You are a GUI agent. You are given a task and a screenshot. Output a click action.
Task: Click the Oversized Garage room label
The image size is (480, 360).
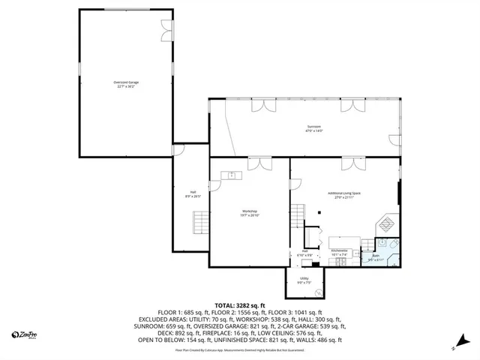[126, 83]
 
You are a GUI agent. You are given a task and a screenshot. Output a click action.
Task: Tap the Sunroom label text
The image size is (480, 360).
[313, 127]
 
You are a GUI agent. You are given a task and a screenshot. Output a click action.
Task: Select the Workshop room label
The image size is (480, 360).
[249, 213]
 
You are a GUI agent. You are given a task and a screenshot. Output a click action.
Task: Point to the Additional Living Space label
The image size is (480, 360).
[344, 195]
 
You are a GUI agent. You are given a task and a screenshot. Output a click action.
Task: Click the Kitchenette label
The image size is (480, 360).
[339, 252]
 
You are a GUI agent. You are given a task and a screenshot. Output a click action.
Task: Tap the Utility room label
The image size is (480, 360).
[304, 280]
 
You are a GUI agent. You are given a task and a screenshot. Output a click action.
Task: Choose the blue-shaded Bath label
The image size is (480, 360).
[375, 258]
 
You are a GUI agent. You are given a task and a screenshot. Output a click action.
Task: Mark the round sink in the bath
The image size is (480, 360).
[382, 243]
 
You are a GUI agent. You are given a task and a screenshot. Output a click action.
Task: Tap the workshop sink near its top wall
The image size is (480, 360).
[232, 175]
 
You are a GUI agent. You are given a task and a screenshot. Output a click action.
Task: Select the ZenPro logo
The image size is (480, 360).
[25, 334]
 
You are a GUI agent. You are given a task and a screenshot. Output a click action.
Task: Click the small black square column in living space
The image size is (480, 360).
[319, 211]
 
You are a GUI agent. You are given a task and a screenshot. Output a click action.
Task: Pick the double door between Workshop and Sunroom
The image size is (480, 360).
[259, 162]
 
